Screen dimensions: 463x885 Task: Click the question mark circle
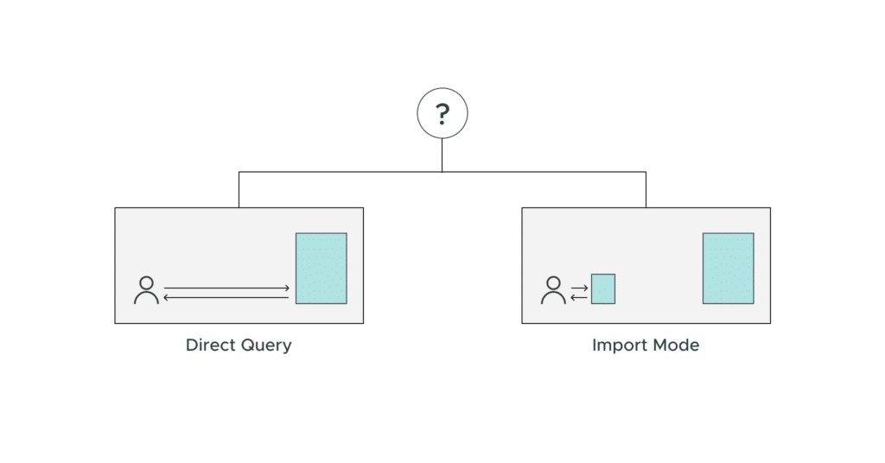(442, 114)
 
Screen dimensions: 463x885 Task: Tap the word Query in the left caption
(265, 346)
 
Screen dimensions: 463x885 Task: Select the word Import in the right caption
(614, 346)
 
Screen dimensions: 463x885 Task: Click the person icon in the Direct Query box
(147, 290)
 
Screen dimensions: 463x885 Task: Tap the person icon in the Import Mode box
(553, 290)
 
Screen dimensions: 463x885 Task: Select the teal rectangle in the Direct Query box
(321, 268)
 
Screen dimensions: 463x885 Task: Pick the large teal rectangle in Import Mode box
(728, 268)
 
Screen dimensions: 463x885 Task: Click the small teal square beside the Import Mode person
(602, 289)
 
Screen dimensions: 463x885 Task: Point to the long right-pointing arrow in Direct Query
(226, 288)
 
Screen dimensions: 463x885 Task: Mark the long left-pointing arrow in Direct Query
(226, 297)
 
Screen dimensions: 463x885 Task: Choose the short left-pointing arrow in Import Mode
(579, 297)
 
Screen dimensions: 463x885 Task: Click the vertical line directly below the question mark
(442, 155)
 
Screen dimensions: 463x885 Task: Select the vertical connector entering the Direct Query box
(239, 190)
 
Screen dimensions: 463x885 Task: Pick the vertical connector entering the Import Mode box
(646, 190)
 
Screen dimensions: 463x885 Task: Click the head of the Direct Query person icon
(147, 282)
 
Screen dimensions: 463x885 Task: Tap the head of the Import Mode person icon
(553, 282)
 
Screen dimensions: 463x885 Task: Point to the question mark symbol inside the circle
(442, 113)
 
